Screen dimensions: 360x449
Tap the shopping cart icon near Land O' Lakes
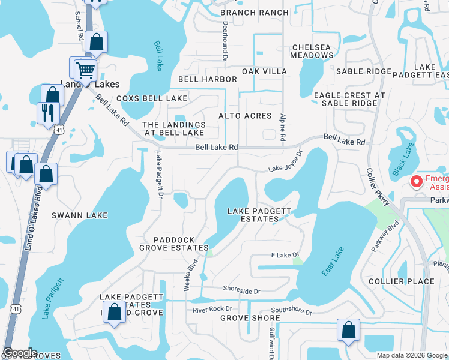[x=84, y=70]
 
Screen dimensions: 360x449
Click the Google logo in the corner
[x=20, y=353]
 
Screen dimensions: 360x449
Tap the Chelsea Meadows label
[x=312, y=51]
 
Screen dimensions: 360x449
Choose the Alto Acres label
[x=245, y=116]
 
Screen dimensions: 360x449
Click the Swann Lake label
[x=79, y=215]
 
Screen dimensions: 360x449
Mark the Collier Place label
[x=401, y=281]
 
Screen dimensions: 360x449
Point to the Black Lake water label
[x=399, y=158]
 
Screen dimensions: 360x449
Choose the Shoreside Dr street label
[x=241, y=291]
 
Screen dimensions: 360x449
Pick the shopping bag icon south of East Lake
[x=348, y=329]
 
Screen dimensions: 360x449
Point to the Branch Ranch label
[x=255, y=13]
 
